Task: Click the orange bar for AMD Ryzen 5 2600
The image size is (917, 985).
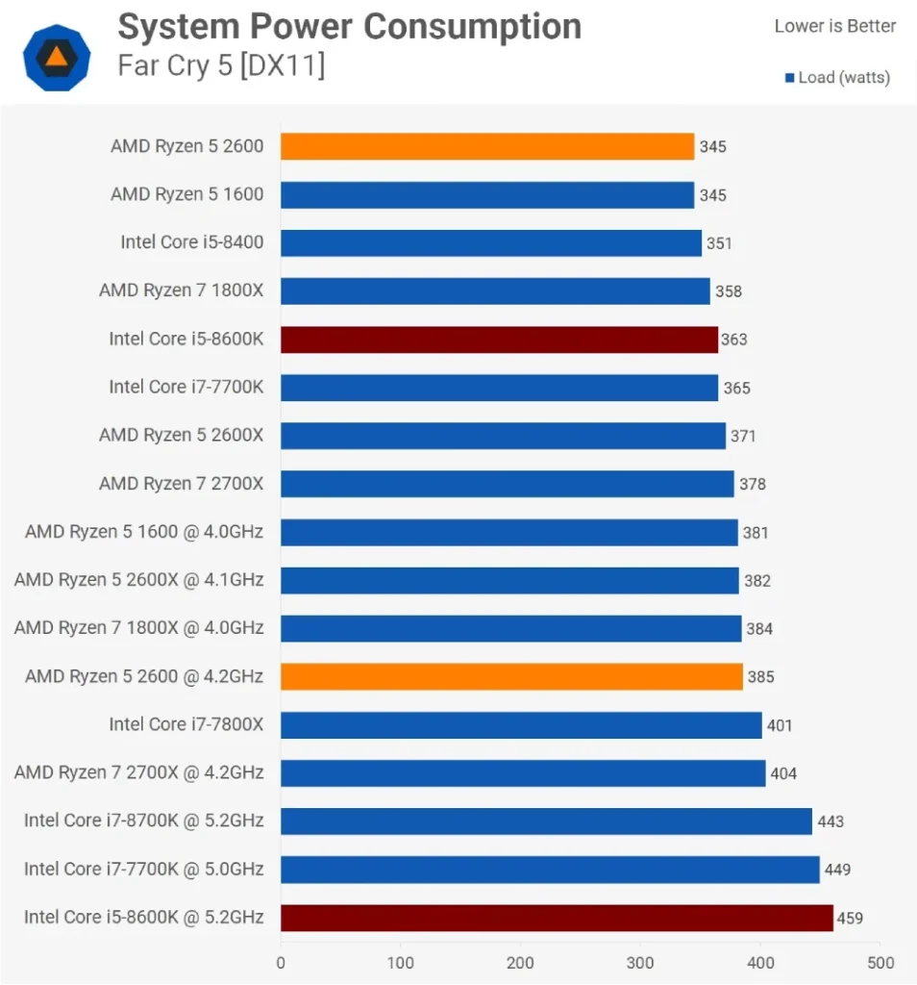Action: [486, 146]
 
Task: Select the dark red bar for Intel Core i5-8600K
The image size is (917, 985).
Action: [499, 340]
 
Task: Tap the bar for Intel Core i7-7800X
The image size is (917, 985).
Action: [521, 725]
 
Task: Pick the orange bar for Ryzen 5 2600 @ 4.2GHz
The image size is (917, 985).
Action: [511, 677]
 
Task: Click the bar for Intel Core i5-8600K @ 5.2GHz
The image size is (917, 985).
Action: [557, 918]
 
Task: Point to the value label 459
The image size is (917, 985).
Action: [850, 918]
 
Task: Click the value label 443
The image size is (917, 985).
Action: [830, 821]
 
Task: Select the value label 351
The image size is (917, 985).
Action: [719, 243]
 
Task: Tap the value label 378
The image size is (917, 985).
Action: [753, 484]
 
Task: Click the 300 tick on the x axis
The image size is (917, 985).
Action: [640, 962]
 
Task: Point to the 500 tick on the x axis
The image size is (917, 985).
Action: [880, 962]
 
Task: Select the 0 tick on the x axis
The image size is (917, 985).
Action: [281, 962]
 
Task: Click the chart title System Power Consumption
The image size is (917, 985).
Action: [349, 27]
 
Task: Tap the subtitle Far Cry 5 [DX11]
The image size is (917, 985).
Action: [221, 66]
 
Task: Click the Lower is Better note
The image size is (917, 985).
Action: [834, 26]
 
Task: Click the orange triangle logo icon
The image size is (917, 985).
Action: [57, 57]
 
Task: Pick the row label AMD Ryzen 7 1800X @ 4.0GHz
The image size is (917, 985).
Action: [138, 628]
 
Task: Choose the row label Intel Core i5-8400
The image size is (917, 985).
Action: [191, 242]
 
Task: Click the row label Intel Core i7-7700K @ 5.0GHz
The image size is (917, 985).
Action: [143, 870]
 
